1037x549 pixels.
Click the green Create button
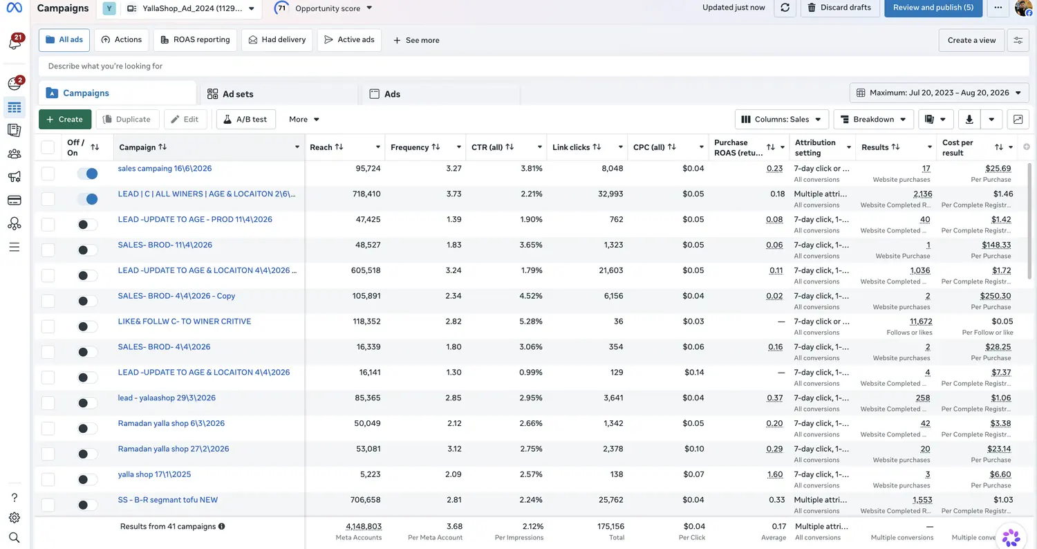click(65, 120)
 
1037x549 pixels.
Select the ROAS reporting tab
click(195, 40)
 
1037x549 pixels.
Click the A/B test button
click(246, 120)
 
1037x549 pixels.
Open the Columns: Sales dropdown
click(781, 120)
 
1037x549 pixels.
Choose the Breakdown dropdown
click(873, 120)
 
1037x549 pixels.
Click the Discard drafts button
click(839, 8)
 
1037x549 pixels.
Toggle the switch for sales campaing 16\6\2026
click(88, 174)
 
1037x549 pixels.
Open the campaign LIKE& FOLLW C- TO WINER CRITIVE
click(185, 322)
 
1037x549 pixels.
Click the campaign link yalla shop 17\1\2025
click(154, 474)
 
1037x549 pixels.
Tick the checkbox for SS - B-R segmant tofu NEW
click(48, 505)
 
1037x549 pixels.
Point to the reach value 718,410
click(366, 194)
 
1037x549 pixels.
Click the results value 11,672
click(921, 322)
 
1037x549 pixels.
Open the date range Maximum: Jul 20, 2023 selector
click(939, 93)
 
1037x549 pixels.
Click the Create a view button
click(971, 40)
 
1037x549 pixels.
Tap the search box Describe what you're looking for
click(534, 66)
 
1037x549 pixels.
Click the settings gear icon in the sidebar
click(15, 517)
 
